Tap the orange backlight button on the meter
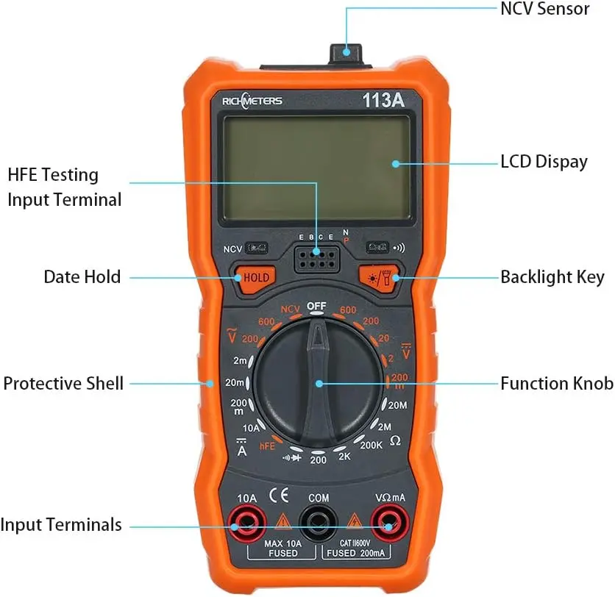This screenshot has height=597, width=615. pos(380,277)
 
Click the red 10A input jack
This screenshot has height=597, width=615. pos(247,524)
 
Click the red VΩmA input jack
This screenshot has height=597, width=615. pos(390,524)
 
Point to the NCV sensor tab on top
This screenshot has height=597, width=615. pos(346,52)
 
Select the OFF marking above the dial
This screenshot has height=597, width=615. pos(316,305)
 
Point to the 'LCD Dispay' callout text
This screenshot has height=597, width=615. pos(544,162)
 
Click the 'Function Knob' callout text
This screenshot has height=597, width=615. pos(556,383)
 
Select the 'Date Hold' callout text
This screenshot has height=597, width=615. pos(82,277)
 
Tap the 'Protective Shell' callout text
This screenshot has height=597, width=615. pos(63,383)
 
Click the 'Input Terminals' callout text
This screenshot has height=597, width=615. pos(61,525)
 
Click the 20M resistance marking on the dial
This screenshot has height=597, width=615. pos(397,405)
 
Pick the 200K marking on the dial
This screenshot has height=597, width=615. pos(372,444)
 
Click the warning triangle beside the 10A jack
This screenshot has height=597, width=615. pos(282,523)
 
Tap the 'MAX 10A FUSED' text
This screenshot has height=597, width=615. pos(282,548)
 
